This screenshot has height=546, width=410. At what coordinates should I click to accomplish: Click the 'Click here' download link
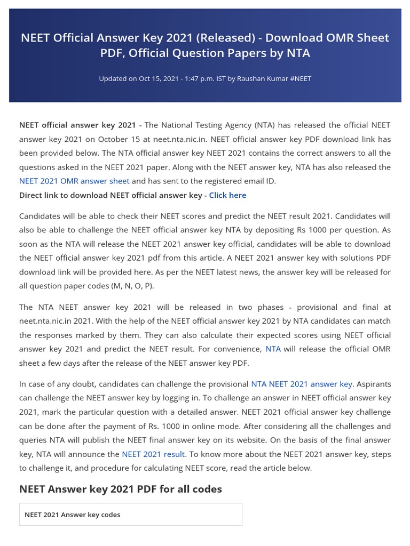click(227, 195)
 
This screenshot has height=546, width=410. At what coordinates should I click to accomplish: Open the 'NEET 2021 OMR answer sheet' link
click(74, 181)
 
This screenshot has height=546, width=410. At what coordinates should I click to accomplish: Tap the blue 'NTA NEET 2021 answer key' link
click(302, 384)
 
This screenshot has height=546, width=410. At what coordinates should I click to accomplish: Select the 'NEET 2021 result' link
click(153, 454)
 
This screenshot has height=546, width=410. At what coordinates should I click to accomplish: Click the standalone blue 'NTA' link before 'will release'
click(273, 349)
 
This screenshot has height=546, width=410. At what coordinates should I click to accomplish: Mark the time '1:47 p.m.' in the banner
click(196, 79)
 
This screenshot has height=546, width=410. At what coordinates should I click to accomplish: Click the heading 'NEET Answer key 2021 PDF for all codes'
click(121, 489)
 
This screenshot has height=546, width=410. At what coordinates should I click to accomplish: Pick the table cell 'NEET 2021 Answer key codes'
click(73, 515)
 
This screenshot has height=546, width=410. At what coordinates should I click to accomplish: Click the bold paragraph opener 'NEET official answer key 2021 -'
click(81, 125)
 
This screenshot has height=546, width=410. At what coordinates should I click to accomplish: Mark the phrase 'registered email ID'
click(232, 181)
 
